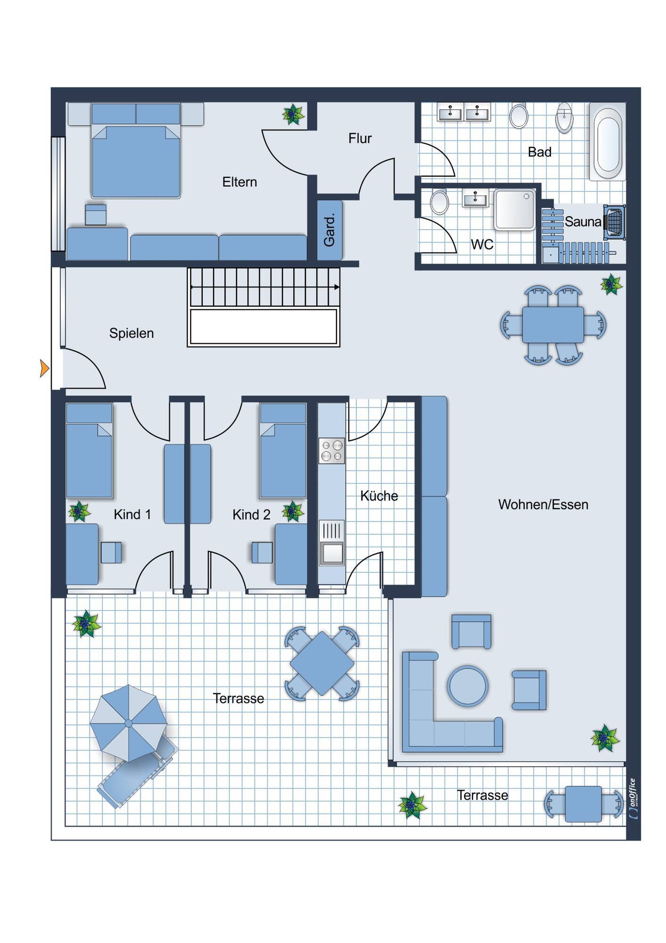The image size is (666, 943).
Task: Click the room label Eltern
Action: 239,182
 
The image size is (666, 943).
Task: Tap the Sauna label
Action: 583,221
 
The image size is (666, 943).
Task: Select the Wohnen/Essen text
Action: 543,505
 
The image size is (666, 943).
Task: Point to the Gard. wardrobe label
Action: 329,230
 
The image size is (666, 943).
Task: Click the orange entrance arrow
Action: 44,368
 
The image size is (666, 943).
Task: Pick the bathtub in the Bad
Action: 608,142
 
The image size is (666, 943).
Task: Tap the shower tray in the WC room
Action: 515,210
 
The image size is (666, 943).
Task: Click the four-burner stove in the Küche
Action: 332,451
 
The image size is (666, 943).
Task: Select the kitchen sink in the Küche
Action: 332,543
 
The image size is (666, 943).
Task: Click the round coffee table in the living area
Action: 468,686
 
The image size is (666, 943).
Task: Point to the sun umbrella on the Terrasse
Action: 129,723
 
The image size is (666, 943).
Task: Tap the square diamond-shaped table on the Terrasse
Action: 322,664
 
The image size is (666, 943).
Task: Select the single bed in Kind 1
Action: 89,451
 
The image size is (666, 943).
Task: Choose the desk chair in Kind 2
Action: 262,553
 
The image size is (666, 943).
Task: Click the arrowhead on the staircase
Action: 337,287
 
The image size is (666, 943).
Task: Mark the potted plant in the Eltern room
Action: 293,115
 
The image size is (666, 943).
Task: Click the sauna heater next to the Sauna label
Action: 615,221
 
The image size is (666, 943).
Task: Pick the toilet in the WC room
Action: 440,202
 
